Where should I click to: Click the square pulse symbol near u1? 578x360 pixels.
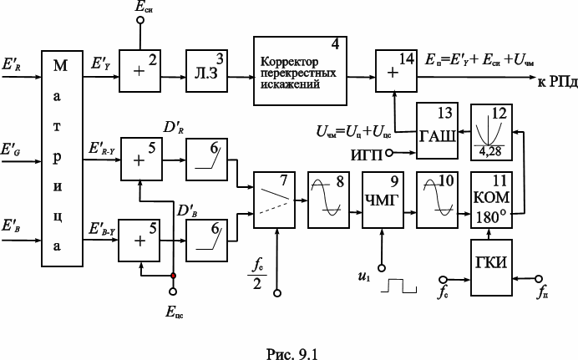point(399,286)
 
